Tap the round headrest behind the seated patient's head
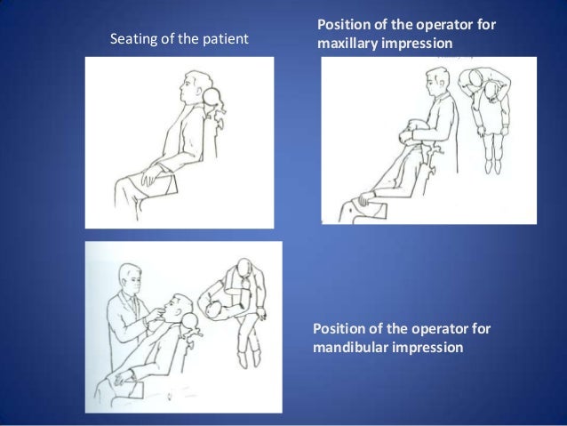point(212,96)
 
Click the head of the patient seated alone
point(196,87)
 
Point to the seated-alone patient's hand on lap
point(149,175)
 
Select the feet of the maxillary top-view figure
point(493,165)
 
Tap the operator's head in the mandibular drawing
point(130,278)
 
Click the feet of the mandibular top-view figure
point(249,358)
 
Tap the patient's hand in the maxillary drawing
point(366,198)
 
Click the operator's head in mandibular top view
point(244,268)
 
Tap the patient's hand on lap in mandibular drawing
point(121,379)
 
